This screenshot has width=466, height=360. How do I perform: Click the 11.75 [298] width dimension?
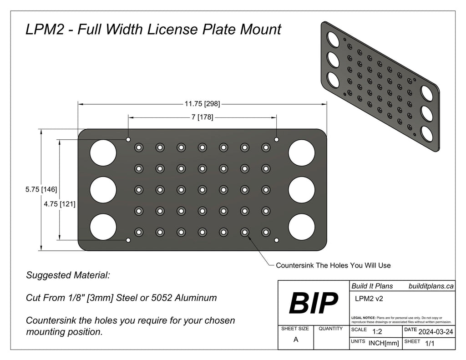click(202, 104)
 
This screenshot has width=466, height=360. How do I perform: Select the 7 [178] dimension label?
click(202, 117)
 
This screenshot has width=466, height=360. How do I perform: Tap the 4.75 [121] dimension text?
click(60, 204)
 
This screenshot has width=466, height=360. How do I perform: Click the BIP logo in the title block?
click(314, 303)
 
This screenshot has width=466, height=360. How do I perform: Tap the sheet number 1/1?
click(429, 344)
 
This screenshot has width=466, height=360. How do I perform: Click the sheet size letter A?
click(296, 339)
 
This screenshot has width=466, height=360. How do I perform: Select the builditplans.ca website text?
click(431, 285)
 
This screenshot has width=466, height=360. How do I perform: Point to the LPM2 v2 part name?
click(368, 299)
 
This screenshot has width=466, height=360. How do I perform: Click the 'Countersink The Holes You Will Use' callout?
click(333, 265)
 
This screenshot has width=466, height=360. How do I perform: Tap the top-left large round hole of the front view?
click(103, 152)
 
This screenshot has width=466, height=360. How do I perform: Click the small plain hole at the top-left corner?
click(128, 139)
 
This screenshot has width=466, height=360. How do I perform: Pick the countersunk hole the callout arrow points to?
click(244, 232)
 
